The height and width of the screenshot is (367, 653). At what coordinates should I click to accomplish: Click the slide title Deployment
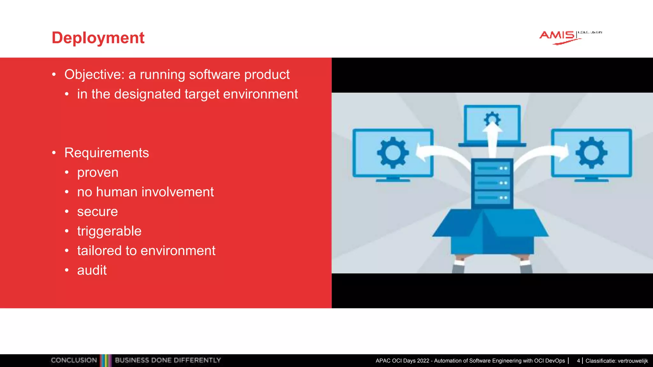pyautogui.click(x=98, y=38)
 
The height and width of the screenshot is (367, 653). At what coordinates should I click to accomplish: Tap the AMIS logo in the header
pyautogui.click(x=558, y=36)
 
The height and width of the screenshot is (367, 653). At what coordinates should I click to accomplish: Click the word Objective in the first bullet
pyautogui.click(x=92, y=75)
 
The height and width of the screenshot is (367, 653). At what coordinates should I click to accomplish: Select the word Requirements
pyautogui.click(x=106, y=153)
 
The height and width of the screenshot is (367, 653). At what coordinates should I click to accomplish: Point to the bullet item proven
pyautogui.click(x=98, y=173)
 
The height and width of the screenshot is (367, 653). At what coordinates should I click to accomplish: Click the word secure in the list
pyautogui.click(x=97, y=212)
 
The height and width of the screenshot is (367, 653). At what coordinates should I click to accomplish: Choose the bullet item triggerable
pyautogui.click(x=109, y=231)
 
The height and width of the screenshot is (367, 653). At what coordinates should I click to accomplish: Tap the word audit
pyautogui.click(x=92, y=270)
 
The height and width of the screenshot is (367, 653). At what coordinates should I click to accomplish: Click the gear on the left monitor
pyautogui.click(x=393, y=153)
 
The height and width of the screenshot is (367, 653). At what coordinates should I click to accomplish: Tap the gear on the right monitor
pyautogui.click(x=591, y=153)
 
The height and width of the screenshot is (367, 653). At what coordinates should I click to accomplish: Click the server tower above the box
pyautogui.click(x=492, y=183)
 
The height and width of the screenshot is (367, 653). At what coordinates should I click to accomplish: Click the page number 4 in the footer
pyautogui.click(x=578, y=361)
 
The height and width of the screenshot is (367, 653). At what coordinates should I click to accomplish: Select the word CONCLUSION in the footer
pyautogui.click(x=74, y=360)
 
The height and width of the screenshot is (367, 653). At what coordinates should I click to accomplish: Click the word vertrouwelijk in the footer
pyautogui.click(x=633, y=361)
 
